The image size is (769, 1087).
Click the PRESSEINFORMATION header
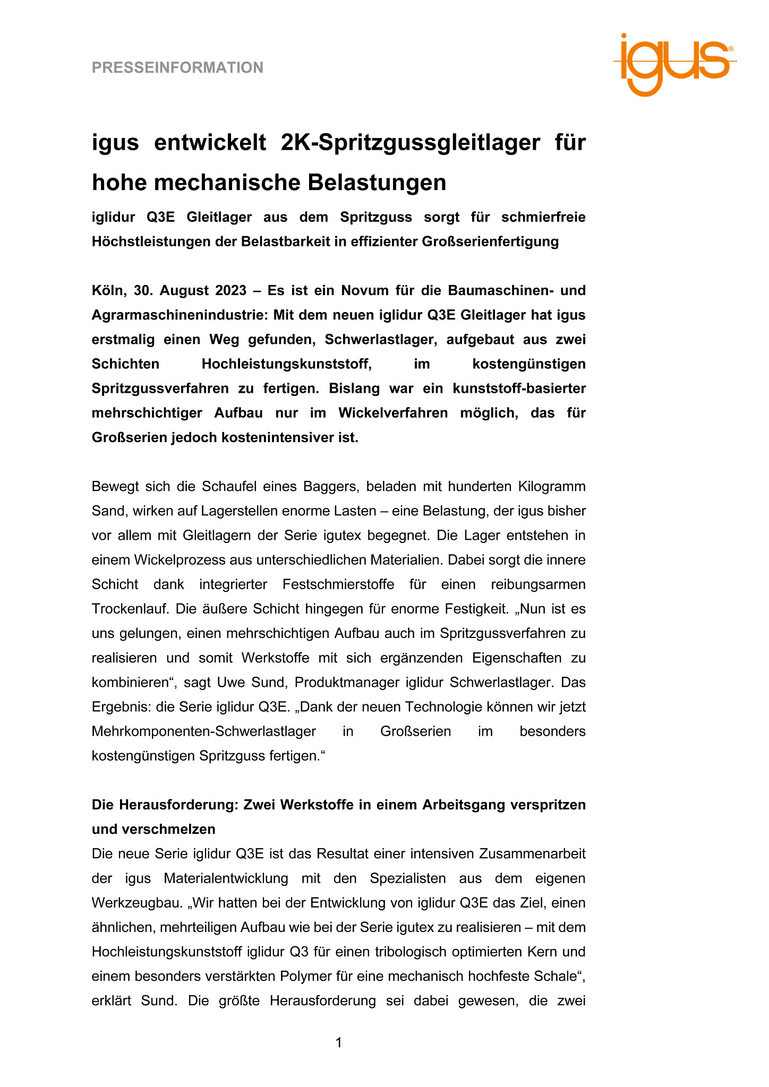click(x=177, y=68)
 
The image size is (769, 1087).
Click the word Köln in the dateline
click(x=107, y=290)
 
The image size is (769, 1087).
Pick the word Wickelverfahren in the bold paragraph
click(x=393, y=413)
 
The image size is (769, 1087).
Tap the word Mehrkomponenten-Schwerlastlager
click(x=204, y=731)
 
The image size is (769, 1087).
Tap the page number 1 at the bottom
click(x=339, y=1043)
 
